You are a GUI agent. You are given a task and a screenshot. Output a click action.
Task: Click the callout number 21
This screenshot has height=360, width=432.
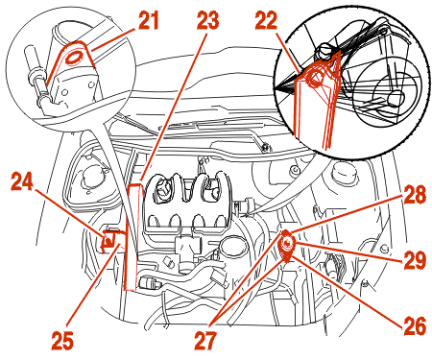[x=149, y=21]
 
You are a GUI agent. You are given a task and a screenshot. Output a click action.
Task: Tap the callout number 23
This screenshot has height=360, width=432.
[x=207, y=21]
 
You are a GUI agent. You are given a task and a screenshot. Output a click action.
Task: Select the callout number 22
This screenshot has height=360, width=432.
[x=266, y=21]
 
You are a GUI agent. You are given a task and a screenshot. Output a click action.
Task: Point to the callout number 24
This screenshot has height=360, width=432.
[x=22, y=181]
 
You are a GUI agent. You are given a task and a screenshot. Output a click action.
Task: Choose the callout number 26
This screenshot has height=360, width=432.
[x=415, y=325]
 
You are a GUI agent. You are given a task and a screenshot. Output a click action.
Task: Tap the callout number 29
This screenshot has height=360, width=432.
[x=415, y=260]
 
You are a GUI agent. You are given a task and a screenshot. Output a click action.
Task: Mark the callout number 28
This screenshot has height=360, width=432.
[x=415, y=195]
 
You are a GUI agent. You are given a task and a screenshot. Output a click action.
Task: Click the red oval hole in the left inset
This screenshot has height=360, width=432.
[x=74, y=58]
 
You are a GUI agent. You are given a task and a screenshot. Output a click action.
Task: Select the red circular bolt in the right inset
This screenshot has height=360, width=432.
[x=316, y=77]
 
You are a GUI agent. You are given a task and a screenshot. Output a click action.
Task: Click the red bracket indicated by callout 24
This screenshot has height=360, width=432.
[x=108, y=240]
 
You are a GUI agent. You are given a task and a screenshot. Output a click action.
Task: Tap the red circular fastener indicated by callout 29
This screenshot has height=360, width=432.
[x=287, y=244]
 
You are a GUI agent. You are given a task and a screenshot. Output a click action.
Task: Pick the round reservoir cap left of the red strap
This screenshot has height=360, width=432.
[x=94, y=177]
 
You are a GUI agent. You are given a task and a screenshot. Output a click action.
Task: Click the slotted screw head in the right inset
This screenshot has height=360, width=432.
[x=324, y=50]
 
